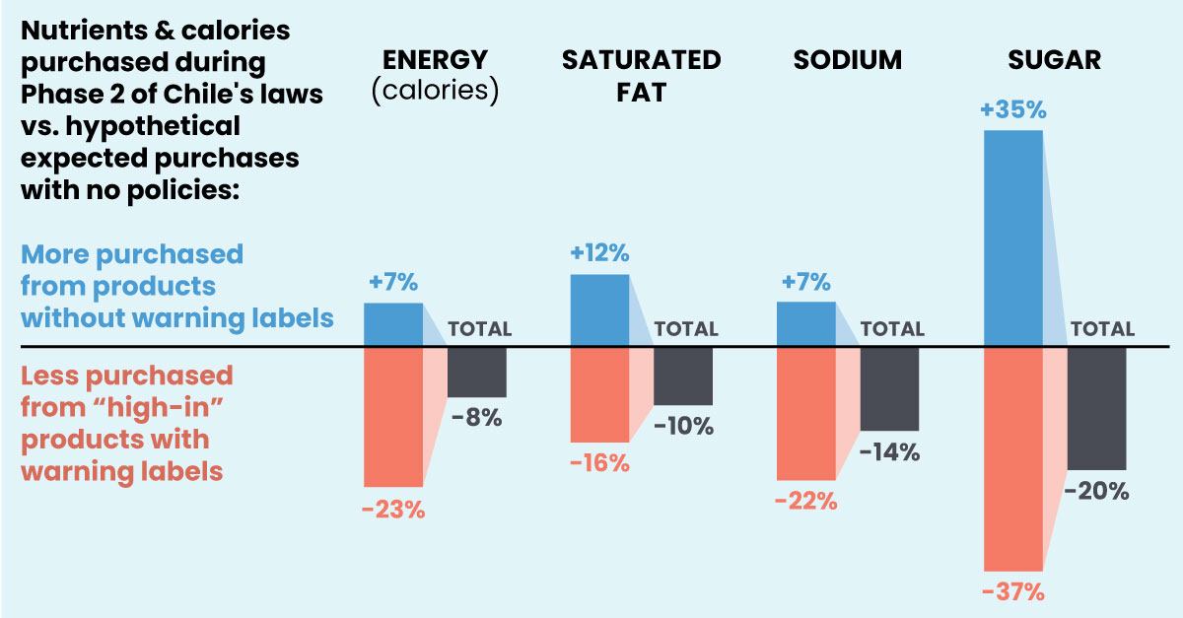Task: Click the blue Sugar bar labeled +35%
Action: point(1012,238)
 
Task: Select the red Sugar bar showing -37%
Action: point(1012,458)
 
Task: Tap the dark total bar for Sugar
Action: point(1096,408)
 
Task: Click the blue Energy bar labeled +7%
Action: point(392,324)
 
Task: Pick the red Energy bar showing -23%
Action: point(392,416)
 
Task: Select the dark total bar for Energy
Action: point(477,372)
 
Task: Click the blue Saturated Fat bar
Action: point(599,310)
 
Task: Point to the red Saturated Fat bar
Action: point(599,394)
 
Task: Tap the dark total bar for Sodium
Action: point(889,388)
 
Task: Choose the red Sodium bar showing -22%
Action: point(805,413)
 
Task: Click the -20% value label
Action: point(1097,490)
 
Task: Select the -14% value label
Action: point(889,452)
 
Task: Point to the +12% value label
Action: point(599,253)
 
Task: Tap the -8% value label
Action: point(477,417)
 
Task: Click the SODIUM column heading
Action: point(848,60)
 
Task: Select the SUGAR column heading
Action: point(1054,60)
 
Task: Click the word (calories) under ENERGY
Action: point(435,91)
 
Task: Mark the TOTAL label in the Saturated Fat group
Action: point(686,329)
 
